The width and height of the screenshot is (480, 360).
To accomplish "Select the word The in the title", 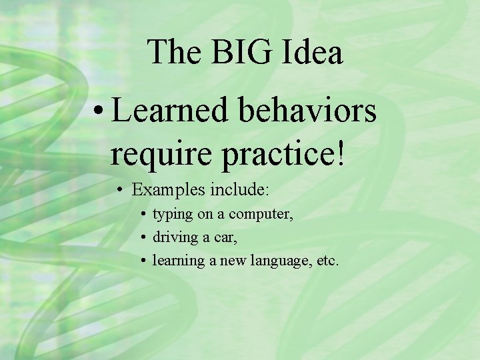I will [x=170, y=52].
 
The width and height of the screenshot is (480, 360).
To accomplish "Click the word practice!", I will [x=284, y=153].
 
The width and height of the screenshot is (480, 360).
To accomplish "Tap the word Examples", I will [x=169, y=190].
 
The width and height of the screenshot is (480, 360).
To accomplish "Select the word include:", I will [x=239, y=189].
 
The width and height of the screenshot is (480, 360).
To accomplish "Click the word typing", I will [x=171, y=215].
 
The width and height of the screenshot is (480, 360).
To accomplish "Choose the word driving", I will [x=175, y=237].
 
